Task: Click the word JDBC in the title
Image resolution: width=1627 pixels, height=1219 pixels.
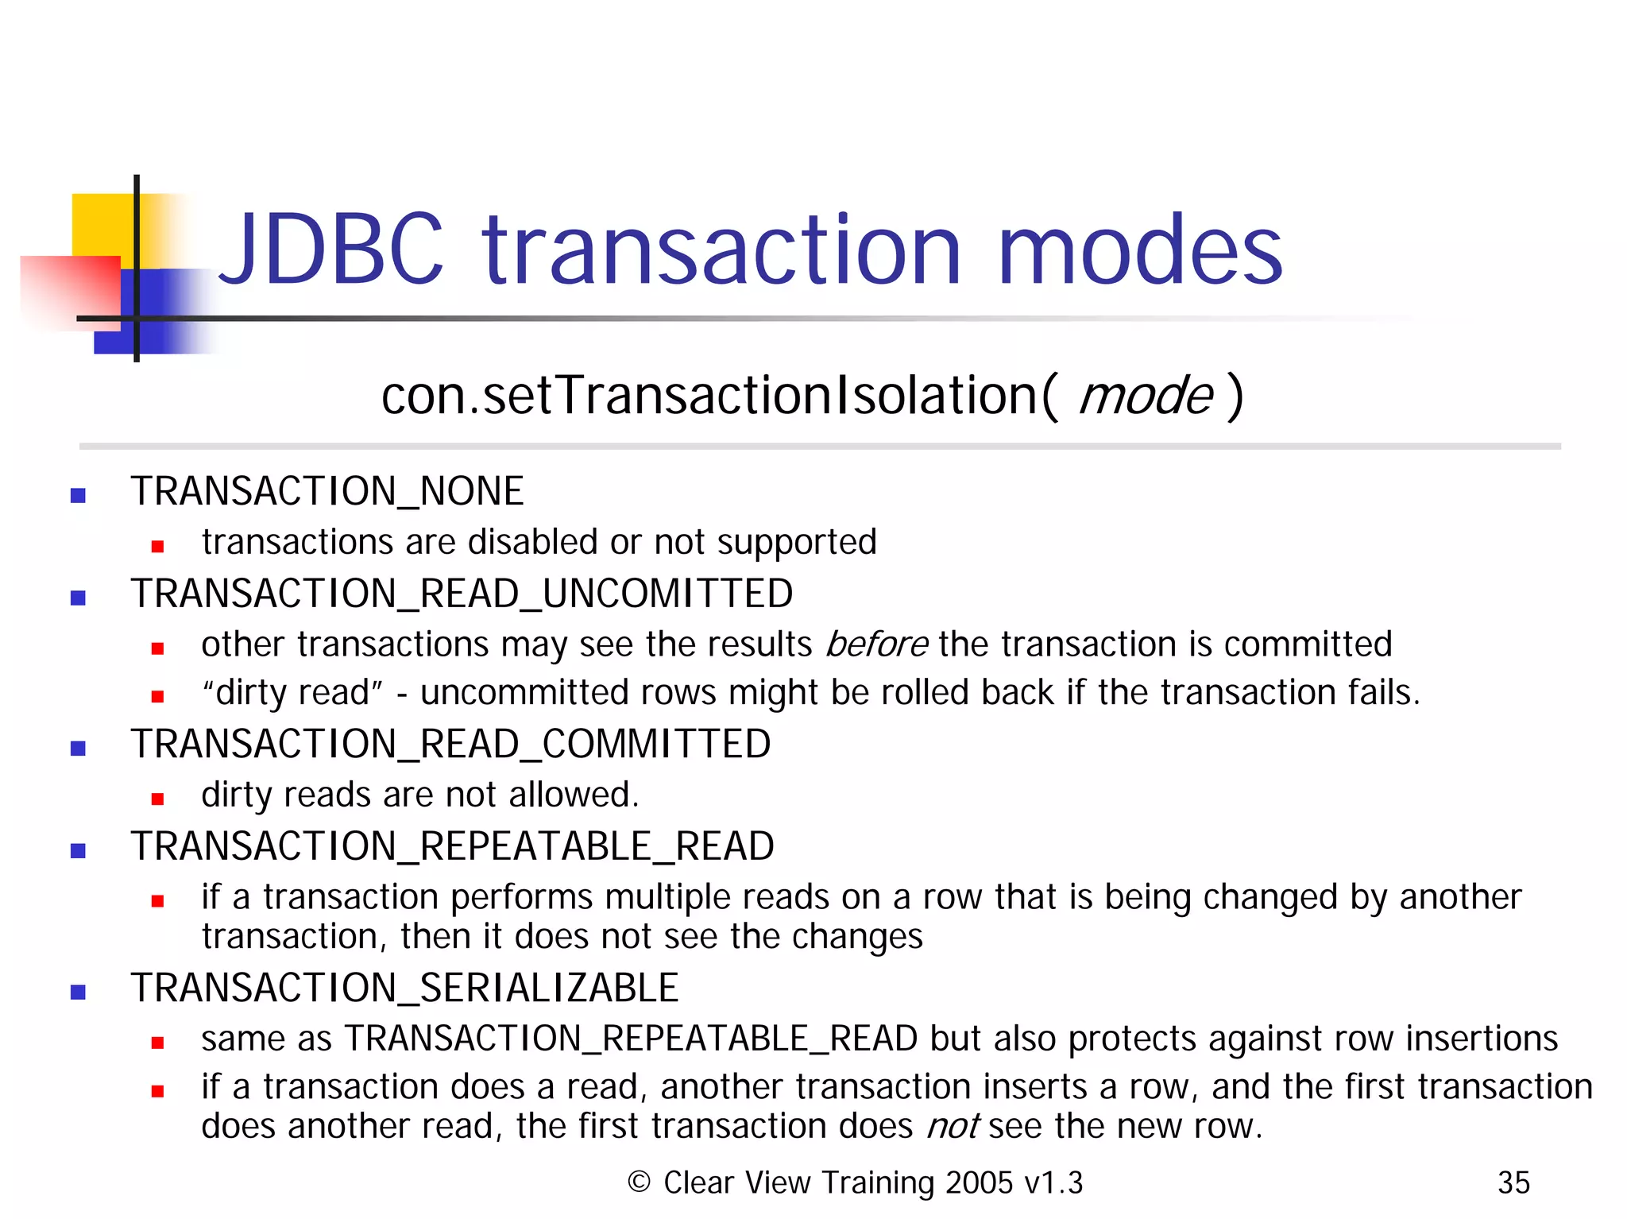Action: pyautogui.click(x=329, y=250)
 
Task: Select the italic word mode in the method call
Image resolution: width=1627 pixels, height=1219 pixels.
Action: pyautogui.click(x=1145, y=396)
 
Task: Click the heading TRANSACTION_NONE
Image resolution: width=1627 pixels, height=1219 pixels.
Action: pyautogui.click(x=327, y=491)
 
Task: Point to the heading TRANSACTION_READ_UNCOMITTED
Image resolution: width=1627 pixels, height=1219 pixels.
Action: pyautogui.click(x=462, y=594)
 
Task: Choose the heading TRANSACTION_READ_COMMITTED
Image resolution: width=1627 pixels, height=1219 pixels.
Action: pyautogui.click(x=450, y=745)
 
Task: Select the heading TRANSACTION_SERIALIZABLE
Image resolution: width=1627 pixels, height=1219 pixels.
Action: pyautogui.click(x=404, y=989)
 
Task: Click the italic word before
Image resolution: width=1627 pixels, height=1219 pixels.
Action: pyautogui.click(x=876, y=644)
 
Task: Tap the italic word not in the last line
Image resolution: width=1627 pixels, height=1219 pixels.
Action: pyautogui.click(x=953, y=1127)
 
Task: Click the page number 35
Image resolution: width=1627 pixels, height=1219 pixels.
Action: pyautogui.click(x=1513, y=1183)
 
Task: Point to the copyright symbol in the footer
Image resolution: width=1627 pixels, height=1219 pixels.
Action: pyautogui.click(x=639, y=1182)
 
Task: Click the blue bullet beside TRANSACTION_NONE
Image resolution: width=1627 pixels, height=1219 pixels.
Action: pyautogui.click(x=78, y=496)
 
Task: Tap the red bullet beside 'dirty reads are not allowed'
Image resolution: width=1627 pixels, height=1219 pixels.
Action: pyautogui.click(x=157, y=799)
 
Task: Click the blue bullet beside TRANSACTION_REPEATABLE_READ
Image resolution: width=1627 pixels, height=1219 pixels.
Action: pyautogui.click(x=78, y=851)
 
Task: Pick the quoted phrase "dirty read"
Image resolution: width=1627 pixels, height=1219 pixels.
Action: pyautogui.click(x=292, y=693)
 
